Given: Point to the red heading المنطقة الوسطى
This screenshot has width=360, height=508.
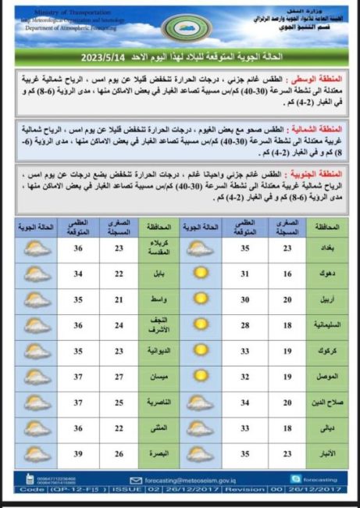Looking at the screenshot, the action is (323, 80).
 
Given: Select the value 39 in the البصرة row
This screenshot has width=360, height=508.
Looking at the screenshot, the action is (78, 454).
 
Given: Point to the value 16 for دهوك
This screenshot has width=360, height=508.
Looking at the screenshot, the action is (287, 274).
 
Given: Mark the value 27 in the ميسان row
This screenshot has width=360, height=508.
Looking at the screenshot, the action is (78, 377).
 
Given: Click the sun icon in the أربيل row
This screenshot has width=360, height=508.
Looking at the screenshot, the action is (201, 299).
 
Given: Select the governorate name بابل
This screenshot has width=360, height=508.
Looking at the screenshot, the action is (155, 274).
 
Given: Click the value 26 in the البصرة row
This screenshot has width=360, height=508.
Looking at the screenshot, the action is (119, 454).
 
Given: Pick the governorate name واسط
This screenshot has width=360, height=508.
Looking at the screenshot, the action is (154, 299).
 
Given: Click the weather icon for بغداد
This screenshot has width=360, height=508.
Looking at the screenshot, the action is (201, 250).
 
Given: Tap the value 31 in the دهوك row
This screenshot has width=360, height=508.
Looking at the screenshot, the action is (244, 274).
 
